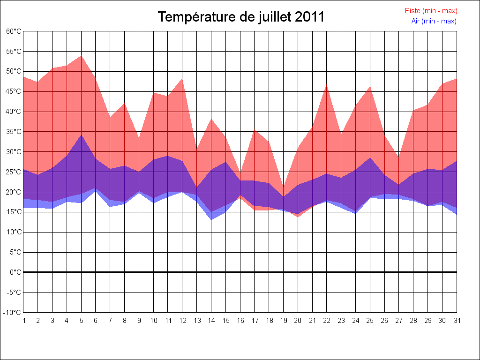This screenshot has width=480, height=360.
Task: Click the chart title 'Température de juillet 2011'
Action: pos(241,17)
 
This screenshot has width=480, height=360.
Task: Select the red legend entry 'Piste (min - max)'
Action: pos(431,11)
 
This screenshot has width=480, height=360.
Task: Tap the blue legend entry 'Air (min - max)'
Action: pos(434,21)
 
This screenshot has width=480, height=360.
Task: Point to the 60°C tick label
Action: pos(14,31)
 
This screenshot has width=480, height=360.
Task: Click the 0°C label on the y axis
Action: pos(15,272)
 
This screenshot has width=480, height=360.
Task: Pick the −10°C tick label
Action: pos(13,312)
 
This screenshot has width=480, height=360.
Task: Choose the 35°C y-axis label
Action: pos(14,132)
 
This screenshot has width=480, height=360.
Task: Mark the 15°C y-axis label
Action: pos(14,212)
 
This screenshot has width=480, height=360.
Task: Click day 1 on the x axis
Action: pos(23,321)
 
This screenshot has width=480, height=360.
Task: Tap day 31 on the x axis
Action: pos(457,321)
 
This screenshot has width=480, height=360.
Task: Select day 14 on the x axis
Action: pos(211,321)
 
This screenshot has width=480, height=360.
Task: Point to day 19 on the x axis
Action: pos(283,321)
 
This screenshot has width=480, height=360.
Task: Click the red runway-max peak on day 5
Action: pos(81,56)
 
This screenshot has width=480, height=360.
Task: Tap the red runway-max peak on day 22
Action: pos(327,85)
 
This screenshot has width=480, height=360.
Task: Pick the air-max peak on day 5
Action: pos(81,135)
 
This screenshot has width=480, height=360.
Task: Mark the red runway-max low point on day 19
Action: pos(283,187)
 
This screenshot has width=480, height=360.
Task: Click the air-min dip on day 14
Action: pos(211,219)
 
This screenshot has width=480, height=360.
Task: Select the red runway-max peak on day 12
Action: pos(182,79)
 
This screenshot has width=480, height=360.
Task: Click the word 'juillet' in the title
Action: pos(276,17)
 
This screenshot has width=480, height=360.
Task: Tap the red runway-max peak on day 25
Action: pos(370,87)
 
